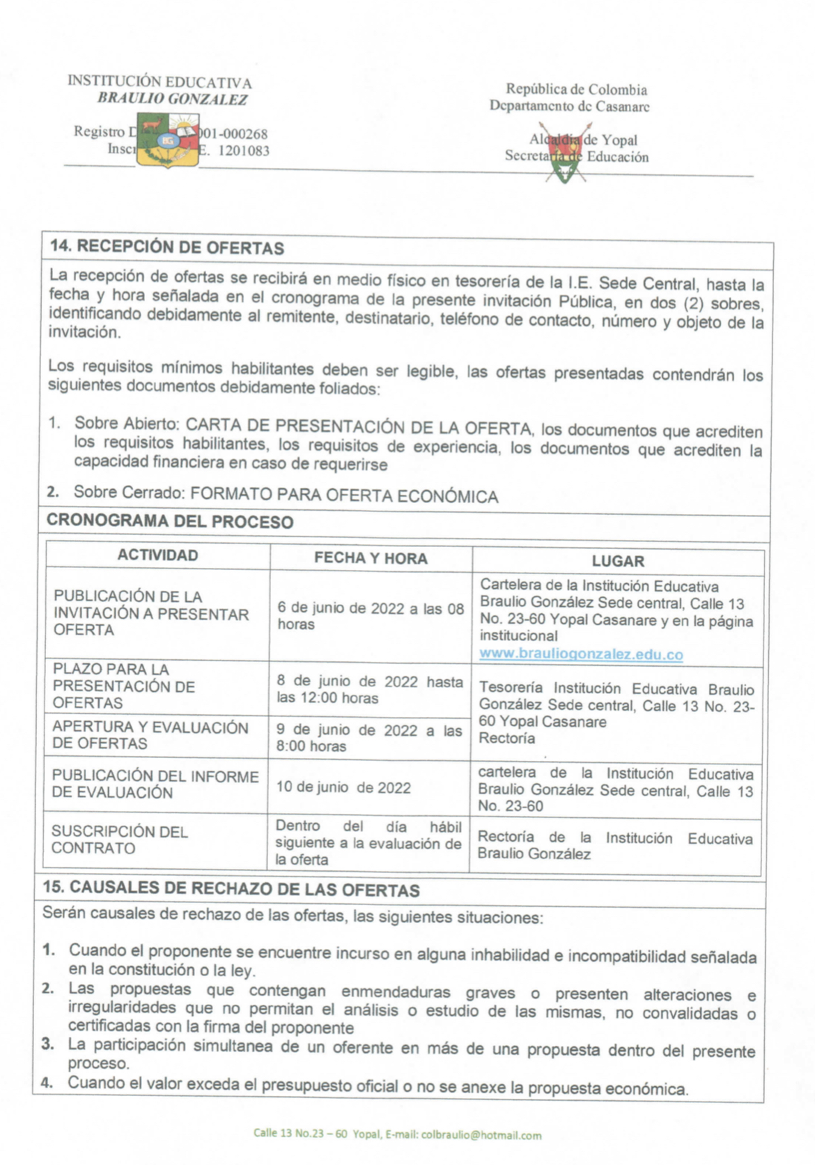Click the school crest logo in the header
[x=169, y=141]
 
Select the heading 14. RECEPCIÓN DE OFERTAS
[x=166, y=247]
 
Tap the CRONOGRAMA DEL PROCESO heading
[x=170, y=521]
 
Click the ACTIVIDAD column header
[x=157, y=555]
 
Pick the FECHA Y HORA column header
[x=371, y=558]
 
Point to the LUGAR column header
[x=618, y=561]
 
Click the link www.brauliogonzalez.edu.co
[x=581, y=654]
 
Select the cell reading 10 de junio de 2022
[x=343, y=787]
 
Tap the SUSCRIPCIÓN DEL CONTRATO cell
[x=120, y=840]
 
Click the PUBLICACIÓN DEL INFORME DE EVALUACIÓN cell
[x=155, y=784]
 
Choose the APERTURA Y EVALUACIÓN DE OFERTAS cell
[x=150, y=735]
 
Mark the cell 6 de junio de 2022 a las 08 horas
[x=370, y=616]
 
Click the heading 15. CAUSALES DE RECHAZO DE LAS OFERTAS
[x=231, y=890]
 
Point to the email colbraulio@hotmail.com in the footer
[x=481, y=1135]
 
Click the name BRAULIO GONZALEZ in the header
[x=172, y=99]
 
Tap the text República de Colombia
[x=576, y=89]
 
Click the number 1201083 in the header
[x=244, y=151]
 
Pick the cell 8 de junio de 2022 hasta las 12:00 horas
[x=369, y=690]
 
